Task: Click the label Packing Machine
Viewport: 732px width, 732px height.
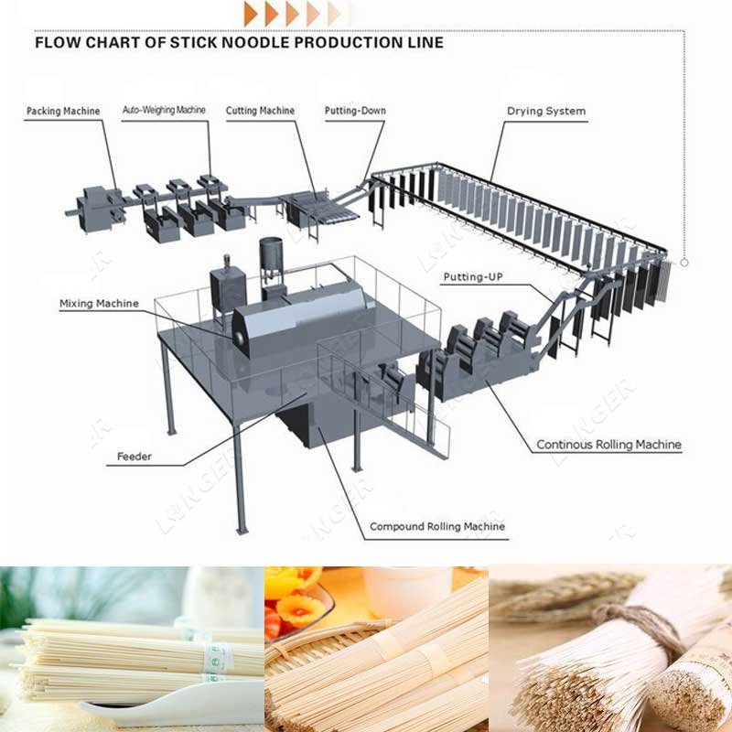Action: tap(63, 112)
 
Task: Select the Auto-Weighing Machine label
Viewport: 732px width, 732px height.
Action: tap(165, 111)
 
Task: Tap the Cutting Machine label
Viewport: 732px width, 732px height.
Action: tap(261, 112)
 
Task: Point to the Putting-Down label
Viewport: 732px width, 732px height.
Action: tap(355, 112)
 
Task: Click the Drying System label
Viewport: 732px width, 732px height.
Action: tap(546, 112)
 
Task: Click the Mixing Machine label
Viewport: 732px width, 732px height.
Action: tap(99, 304)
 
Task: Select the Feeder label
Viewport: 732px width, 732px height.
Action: tap(135, 456)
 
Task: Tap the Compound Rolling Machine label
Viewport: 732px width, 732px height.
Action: tap(436, 527)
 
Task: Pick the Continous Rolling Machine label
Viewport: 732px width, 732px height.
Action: tap(608, 446)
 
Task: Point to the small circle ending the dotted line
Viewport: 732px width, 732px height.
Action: tap(684, 263)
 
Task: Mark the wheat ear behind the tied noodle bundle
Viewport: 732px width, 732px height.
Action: tap(558, 590)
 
